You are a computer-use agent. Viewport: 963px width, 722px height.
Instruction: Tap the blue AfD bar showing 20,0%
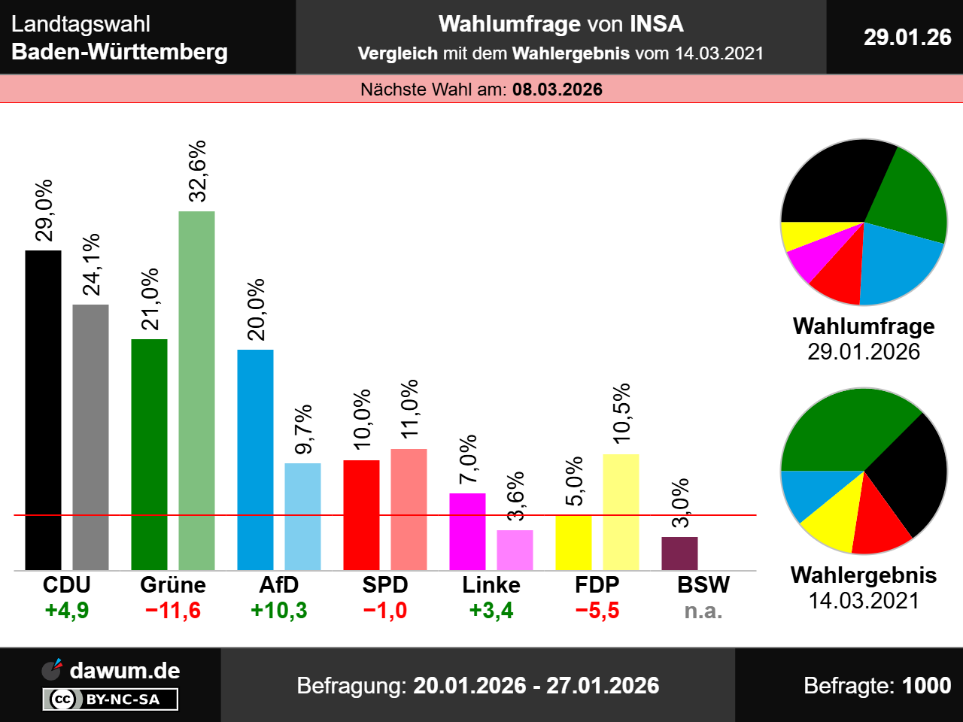coord(255,459)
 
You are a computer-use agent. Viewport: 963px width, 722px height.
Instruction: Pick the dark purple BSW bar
coord(679,553)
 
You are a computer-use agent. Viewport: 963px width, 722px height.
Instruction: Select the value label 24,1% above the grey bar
coord(91,265)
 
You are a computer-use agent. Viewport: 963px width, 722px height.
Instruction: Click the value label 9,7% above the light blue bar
coord(303,429)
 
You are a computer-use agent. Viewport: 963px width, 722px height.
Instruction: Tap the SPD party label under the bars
coord(384,585)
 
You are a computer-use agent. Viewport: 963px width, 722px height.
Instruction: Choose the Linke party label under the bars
coord(491,585)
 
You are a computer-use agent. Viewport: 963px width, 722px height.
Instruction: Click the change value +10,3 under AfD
coord(278,610)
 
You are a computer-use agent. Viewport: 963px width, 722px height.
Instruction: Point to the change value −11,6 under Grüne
coord(172,610)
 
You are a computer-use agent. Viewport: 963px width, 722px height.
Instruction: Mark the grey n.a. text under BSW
coord(703,611)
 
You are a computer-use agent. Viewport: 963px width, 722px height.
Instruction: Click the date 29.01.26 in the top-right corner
coord(907,37)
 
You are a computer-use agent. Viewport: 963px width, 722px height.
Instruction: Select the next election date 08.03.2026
coord(557,89)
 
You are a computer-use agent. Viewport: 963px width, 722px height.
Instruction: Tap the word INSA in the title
coord(656,24)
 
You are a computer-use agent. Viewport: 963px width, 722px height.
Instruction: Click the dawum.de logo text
coord(125,670)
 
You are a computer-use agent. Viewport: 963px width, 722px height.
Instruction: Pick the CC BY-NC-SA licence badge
coord(111,699)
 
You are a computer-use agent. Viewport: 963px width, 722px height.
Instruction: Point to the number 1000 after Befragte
coord(926,685)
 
